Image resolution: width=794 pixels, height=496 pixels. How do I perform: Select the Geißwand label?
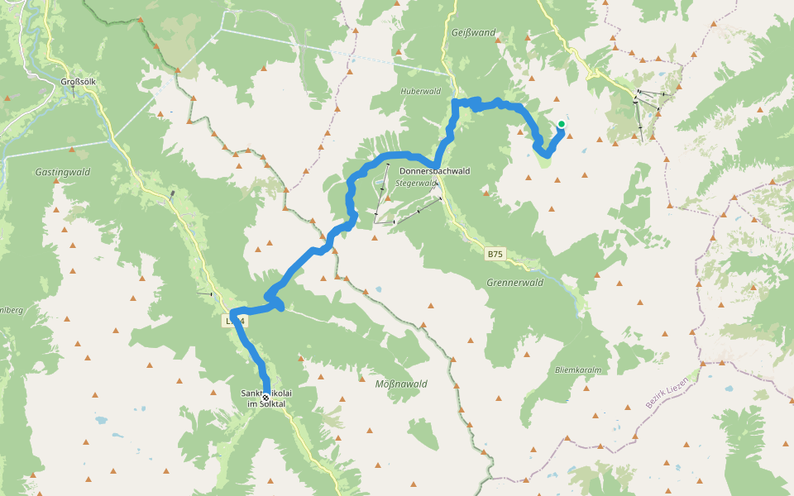[x=474, y=33]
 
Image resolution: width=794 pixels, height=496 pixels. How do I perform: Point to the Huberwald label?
[x=420, y=91]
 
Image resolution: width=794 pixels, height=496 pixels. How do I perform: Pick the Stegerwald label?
[x=415, y=183]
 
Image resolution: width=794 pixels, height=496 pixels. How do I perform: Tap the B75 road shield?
[x=495, y=255]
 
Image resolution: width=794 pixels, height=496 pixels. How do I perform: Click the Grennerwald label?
[x=515, y=282]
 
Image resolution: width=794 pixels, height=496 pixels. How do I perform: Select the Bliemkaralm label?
[x=578, y=370]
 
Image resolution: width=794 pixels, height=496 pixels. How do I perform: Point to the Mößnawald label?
[x=401, y=384]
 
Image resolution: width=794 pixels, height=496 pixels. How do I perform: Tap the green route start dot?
[x=561, y=125]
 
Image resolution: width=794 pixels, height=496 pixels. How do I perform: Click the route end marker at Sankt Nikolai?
[x=265, y=397]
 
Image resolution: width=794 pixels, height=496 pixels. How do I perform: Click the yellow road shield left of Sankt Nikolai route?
[x=235, y=320]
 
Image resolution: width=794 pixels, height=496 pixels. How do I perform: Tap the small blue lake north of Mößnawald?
[x=379, y=290]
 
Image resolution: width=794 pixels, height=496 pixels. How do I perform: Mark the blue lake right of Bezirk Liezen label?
[x=728, y=389]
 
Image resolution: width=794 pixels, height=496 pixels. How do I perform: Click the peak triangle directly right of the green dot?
[x=570, y=136]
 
